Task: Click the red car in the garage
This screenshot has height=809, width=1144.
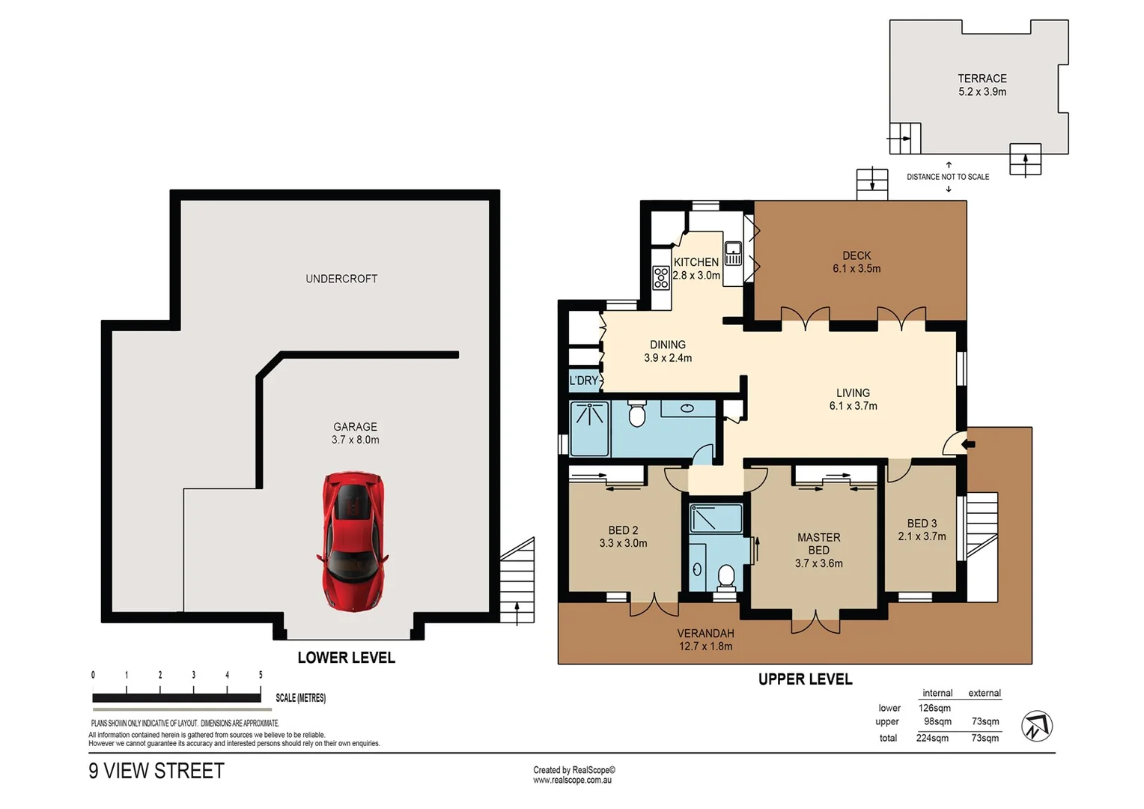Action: (353, 539)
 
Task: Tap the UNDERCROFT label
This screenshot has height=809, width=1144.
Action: (341, 279)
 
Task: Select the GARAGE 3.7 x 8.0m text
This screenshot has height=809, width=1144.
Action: (355, 433)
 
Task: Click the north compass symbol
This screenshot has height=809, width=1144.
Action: (1037, 726)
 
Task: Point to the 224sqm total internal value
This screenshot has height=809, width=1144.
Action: (932, 738)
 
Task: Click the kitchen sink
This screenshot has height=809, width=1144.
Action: (733, 253)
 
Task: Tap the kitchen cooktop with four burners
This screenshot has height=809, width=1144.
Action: (661, 278)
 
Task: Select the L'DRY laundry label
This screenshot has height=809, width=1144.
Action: (584, 381)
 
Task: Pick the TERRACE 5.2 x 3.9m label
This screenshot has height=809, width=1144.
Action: (982, 85)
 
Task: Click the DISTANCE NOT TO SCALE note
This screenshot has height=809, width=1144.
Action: (948, 177)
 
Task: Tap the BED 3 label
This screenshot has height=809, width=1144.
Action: (922, 530)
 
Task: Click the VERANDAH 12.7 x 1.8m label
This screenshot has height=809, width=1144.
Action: (705, 640)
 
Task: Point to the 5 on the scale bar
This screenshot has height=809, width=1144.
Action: (261, 675)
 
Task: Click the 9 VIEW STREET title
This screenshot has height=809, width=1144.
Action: (156, 771)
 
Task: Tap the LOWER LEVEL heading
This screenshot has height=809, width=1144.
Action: (346, 658)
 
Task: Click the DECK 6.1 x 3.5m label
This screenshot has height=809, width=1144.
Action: (857, 261)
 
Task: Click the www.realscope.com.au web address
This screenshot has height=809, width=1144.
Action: (572, 781)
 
